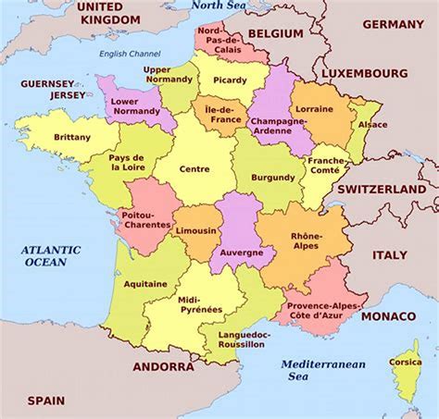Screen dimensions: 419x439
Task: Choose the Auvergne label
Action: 242,252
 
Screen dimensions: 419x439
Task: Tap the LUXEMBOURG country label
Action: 366,70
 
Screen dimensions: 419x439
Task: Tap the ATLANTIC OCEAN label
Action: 52,256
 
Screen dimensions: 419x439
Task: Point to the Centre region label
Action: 194,169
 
